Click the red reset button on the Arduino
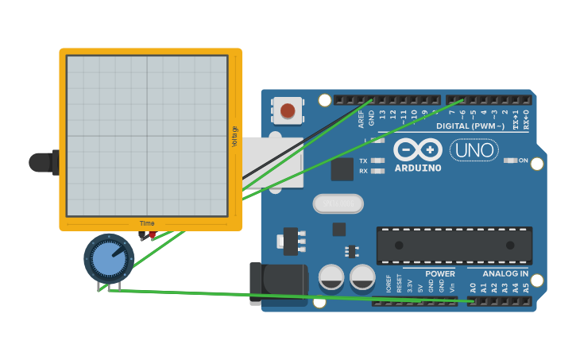288,110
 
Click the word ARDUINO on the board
418,168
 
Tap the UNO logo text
474,149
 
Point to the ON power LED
510,161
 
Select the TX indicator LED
378,161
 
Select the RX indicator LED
378,171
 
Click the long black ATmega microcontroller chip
454,246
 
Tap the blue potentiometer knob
109,257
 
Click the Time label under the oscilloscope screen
147,223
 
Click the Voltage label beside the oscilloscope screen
234,136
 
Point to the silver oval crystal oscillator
338,204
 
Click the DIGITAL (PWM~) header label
470,126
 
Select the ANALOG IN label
505,274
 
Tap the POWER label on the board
439,274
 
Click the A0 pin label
473,288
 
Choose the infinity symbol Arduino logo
418,149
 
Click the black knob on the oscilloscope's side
41,162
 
